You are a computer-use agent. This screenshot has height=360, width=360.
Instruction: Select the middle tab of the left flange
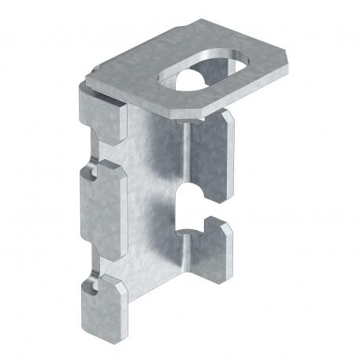[x=98, y=194]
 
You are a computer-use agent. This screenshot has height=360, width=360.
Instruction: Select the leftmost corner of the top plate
[x=85, y=79]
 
